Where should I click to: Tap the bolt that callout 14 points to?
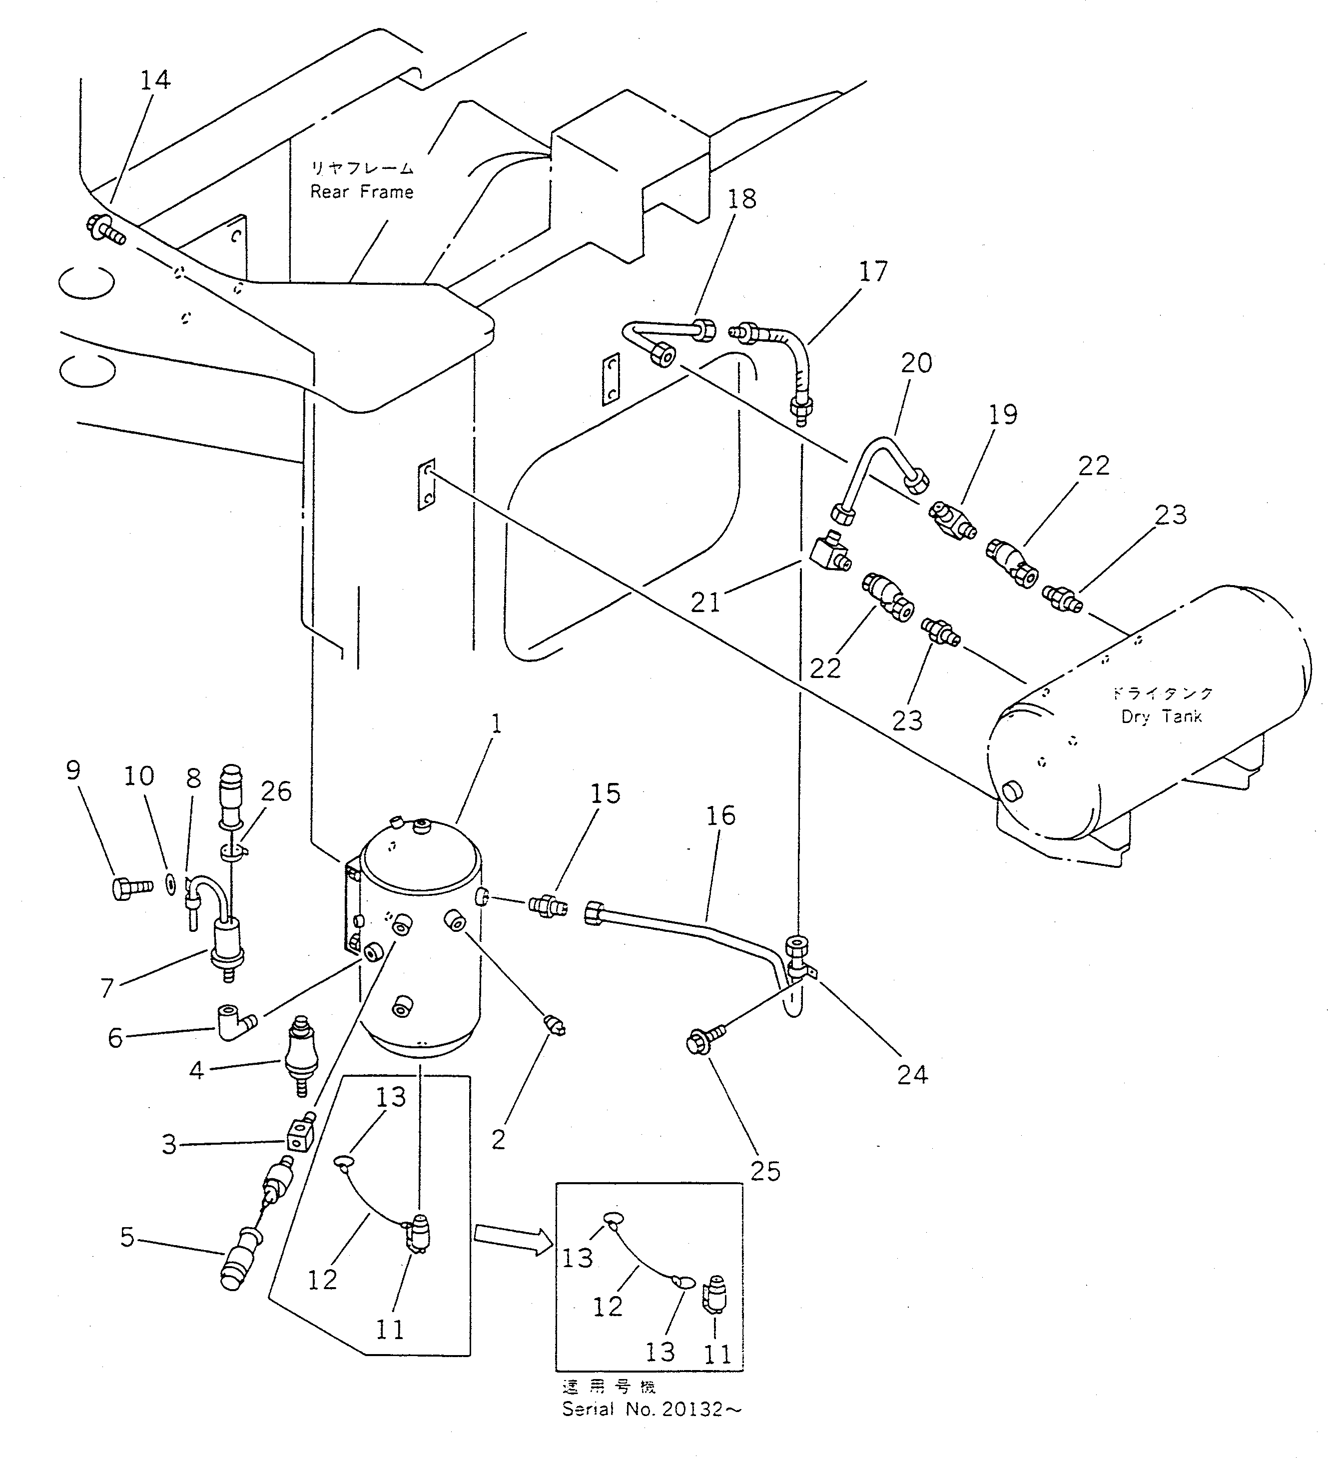coord(105,229)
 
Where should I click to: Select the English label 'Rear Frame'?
coord(362,192)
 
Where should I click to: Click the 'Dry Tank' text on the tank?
coord(1162,717)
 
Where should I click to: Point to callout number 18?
coord(741,199)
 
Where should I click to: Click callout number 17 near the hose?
coord(873,272)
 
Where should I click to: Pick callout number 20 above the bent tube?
coord(916,363)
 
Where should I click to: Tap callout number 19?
coord(1003,414)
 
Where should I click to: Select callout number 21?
coord(705,602)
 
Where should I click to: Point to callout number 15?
coord(606,793)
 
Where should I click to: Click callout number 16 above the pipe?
coord(720,816)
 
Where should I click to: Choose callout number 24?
coord(912,1075)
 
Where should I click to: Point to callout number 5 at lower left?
coord(127,1238)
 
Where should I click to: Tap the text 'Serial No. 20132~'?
coord(652,1410)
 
